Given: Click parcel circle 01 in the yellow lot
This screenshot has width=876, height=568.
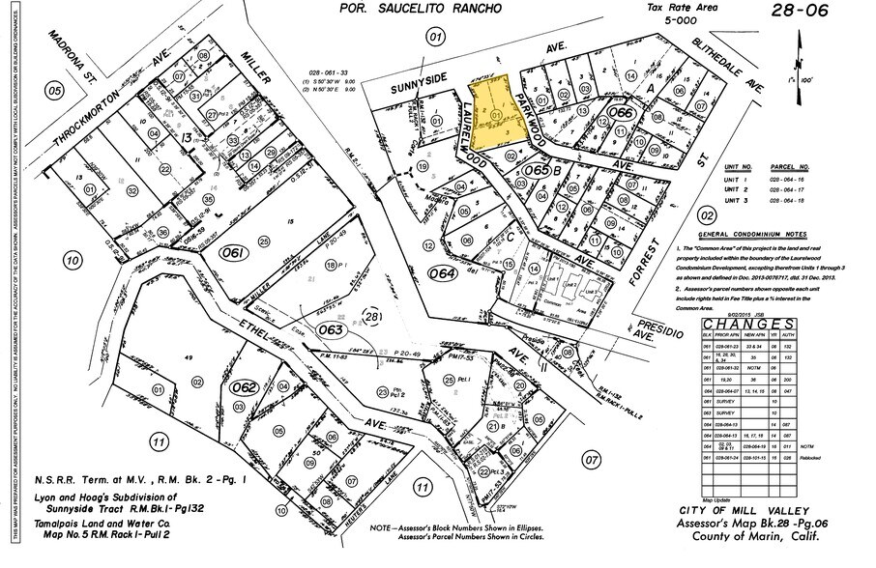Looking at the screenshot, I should point(497,116).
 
